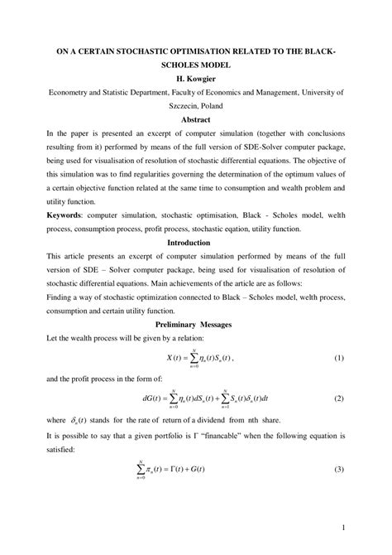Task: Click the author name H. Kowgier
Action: (196, 80)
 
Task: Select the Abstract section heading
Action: (196, 119)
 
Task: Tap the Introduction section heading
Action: (196, 243)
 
